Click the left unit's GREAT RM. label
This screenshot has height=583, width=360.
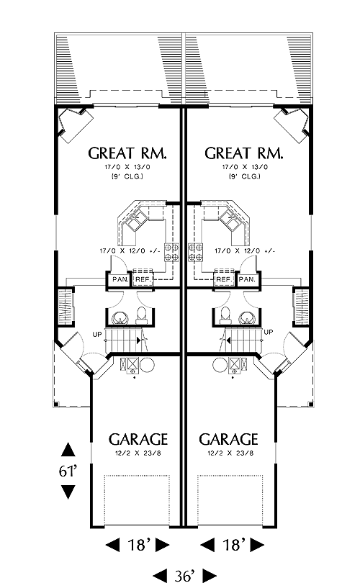pos(127,153)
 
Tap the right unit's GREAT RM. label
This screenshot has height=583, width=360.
pos(244,153)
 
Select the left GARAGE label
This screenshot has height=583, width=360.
pos(138,440)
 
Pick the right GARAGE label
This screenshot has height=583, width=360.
pos(228,440)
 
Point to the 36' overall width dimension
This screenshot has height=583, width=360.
pos(185,576)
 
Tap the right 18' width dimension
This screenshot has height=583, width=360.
pos(233,545)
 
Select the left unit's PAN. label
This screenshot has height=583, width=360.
pos(120,279)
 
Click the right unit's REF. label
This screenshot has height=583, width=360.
pos(223,279)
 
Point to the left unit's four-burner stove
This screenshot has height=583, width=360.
pos(171,252)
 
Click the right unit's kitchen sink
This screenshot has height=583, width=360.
pos(229,220)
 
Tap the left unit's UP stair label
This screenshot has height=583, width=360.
pos(97,335)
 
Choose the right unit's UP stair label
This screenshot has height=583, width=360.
pos(268,332)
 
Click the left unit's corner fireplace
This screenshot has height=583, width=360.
pos(75,125)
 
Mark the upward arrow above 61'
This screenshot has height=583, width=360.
pos(68,449)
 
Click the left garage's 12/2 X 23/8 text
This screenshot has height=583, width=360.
pos(138,453)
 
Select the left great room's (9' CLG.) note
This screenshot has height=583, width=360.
pos(127,176)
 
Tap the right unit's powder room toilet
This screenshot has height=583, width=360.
pos(225,315)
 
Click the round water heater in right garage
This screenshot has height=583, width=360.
pos(220,364)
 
